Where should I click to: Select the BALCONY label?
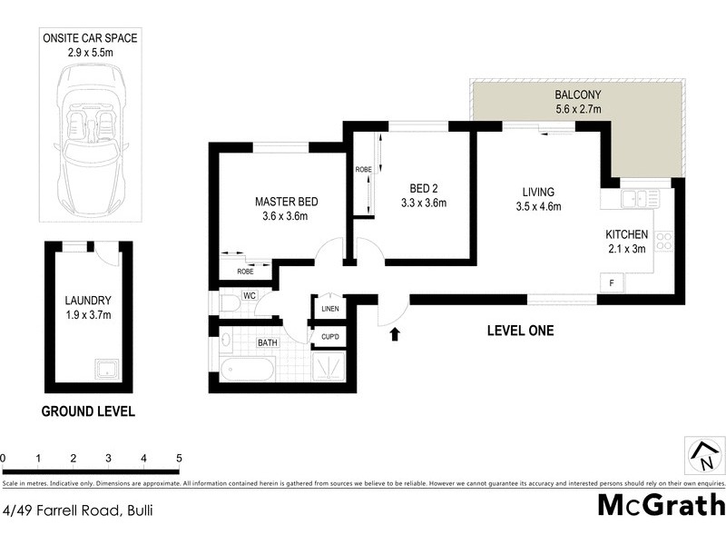[x=577, y=94]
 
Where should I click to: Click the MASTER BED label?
[x=286, y=202]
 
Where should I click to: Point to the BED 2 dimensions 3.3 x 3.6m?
[x=425, y=203]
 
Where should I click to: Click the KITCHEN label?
[x=626, y=234]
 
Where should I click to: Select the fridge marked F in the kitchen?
[x=612, y=283]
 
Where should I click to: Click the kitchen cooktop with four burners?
[x=664, y=242]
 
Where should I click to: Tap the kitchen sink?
[x=638, y=197]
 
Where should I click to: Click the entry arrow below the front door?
[x=394, y=335]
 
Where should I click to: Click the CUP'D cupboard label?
[x=329, y=338]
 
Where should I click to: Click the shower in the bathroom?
[x=328, y=368]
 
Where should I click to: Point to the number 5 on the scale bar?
[x=179, y=457]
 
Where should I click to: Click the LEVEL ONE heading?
[x=519, y=330]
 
